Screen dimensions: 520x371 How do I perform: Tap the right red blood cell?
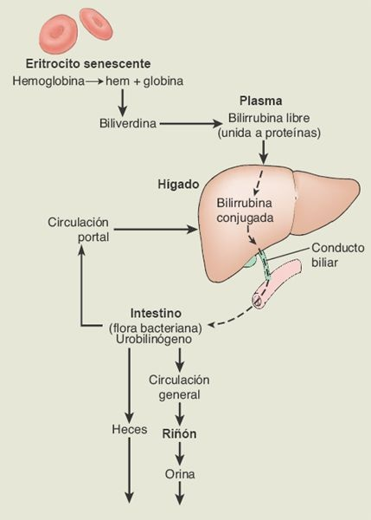point(97,24)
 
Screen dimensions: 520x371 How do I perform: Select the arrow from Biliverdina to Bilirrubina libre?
point(191,124)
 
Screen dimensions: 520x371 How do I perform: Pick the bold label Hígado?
point(178,185)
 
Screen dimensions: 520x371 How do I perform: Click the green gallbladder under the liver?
point(249,258)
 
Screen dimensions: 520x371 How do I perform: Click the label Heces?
point(130,430)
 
